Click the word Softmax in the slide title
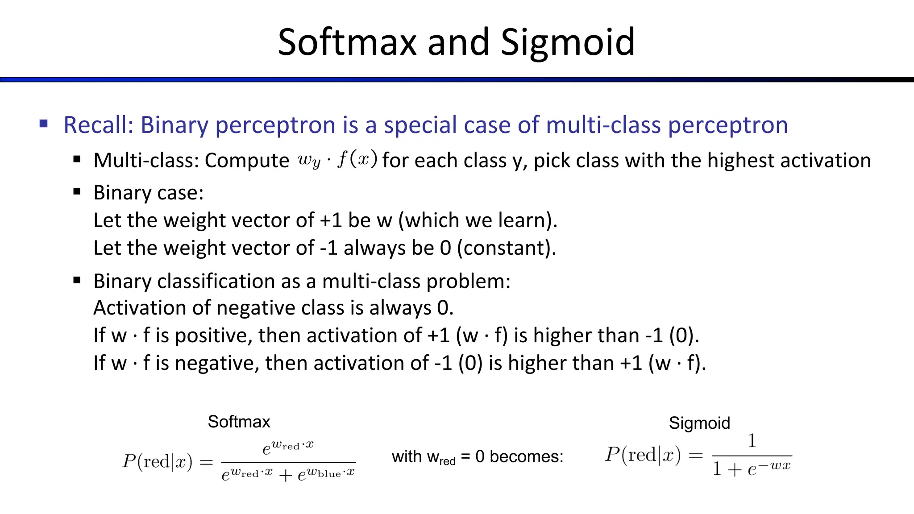click(347, 42)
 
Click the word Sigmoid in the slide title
click(568, 43)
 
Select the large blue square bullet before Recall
click(43, 124)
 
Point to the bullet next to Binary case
click(77, 192)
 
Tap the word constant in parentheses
click(506, 248)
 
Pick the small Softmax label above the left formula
click(239, 422)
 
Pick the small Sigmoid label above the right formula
click(699, 423)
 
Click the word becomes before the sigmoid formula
click(527, 456)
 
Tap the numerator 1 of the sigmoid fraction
click(752, 441)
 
